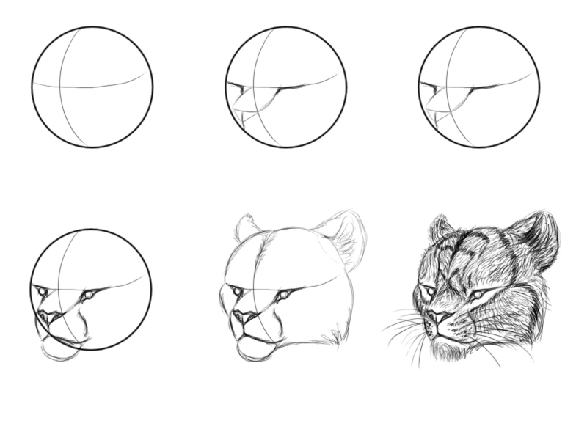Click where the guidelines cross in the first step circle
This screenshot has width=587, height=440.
62,87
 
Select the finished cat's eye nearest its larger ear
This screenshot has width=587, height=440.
478,295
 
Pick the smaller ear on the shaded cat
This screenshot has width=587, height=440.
440,228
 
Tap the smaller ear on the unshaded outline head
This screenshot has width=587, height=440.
247,229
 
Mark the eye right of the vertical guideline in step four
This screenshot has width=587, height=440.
89,295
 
